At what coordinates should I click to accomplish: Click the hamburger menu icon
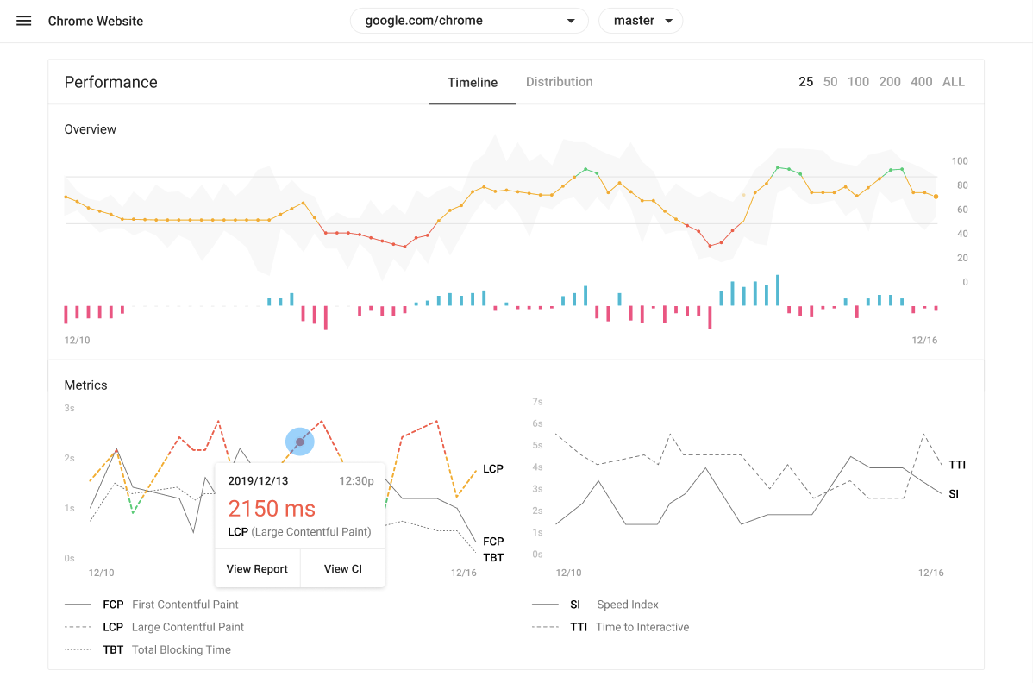tap(24, 21)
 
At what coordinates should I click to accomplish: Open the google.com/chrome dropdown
tap(469, 21)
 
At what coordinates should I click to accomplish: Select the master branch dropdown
tap(641, 21)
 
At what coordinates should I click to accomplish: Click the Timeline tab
tap(473, 82)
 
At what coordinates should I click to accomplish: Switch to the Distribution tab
tap(560, 82)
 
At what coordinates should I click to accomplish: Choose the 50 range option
tap(830, 82)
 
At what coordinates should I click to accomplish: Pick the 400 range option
tap(922, 82)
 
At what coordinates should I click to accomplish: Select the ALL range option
tap(954, 82)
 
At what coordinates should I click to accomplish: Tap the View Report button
tap(257, 568)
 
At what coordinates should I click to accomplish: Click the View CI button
tap(342, 568)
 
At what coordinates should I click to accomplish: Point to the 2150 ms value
tap(272, 509)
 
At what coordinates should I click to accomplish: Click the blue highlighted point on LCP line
tap(300, 442)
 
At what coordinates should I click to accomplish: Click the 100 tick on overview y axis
tap(960, 160)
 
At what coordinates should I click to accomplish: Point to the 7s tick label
tap(537, 401)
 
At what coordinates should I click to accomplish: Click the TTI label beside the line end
tap(957, 465)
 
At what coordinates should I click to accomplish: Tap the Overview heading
tap(91, 129)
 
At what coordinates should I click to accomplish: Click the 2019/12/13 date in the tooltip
tap(259, 481)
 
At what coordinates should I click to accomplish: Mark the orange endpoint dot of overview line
tap(936, 197)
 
